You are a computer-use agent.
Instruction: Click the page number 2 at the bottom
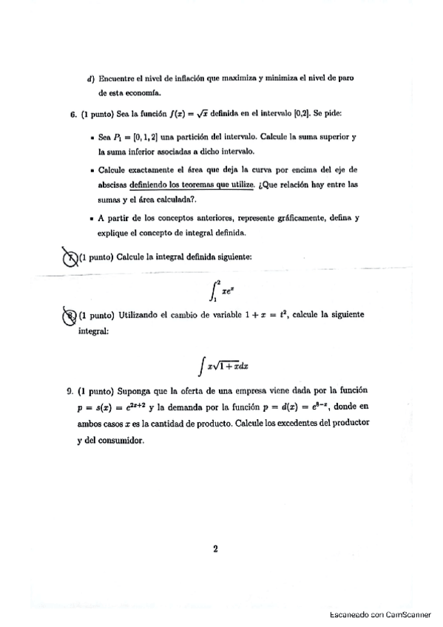(214, 549)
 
